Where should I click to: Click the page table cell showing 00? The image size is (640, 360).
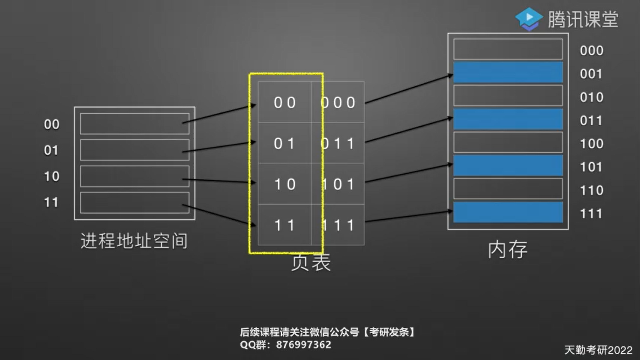[285, 102]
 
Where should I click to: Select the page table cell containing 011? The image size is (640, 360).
[338, 144]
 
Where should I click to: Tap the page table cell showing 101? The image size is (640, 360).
[338, 184]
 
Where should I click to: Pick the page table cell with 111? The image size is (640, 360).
[338, 225]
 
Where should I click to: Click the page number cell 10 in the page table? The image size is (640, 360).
[285, 184]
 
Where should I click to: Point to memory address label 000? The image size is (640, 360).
[592, 51]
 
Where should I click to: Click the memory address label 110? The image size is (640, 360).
[592, 190]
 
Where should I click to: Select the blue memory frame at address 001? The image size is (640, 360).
[508, 72]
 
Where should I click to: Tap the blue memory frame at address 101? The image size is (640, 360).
[508, 165]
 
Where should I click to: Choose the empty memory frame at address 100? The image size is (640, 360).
[508, 142]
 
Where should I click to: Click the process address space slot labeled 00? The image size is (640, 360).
[134, 124]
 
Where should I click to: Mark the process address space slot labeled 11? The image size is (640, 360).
[134, 202]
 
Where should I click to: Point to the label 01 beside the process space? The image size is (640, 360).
[51, 150]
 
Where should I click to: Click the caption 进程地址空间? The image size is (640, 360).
[134, 241]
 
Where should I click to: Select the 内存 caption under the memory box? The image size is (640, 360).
[508, 250]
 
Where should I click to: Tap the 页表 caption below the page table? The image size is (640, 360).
[311, 263]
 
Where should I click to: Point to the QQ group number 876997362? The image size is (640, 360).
[303, 345]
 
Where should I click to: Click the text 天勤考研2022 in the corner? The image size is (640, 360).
[598, 350]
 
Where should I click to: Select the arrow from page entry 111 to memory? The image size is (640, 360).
[408, 216]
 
